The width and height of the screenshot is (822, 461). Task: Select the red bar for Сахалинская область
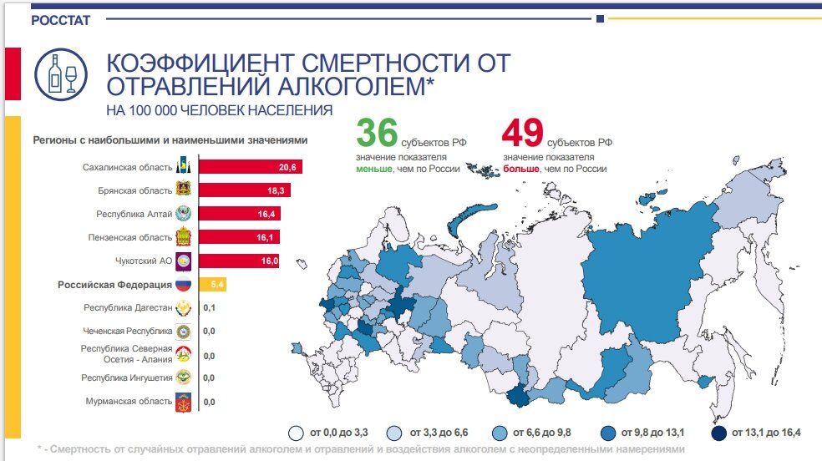(x=250, y=168)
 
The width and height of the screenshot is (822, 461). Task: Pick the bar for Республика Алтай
(x=239, y=215)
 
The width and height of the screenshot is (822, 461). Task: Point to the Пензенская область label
(x=130, y=238)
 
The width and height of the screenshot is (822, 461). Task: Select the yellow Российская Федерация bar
(x=212, y=285)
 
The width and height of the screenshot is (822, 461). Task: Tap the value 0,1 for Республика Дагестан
(x=209, y=308)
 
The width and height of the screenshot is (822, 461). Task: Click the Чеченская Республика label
(x=128, y=331)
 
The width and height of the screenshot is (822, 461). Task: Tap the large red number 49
(x=522, y=134)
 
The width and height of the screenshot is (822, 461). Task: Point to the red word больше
(x=521, y=170)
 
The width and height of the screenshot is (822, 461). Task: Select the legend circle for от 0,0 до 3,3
(x=295, y=433)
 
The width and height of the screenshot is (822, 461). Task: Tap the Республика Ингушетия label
(x=127, y=377)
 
